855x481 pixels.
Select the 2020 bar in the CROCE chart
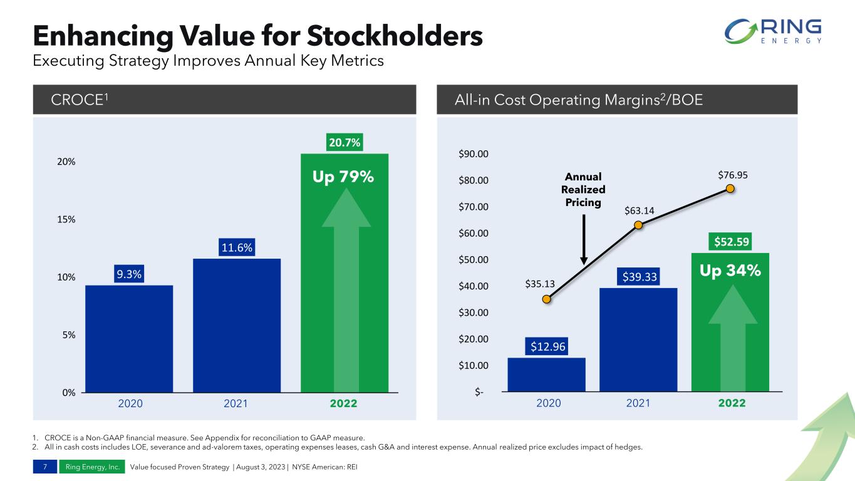129,338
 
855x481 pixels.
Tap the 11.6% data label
237,248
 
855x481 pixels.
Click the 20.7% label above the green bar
344,143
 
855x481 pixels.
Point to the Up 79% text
343,177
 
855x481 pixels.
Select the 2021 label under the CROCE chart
237,404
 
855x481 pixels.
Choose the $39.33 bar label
638,277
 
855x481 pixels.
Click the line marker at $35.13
547,299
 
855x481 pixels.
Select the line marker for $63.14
638,225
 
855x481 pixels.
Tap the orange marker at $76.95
730,189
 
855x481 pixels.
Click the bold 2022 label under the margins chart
731,403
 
